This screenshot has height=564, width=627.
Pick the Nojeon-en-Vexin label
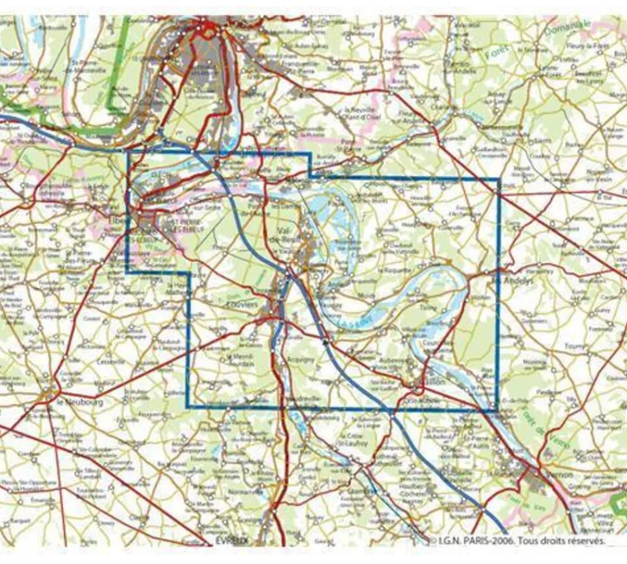593,175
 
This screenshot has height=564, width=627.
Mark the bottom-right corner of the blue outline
497,410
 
